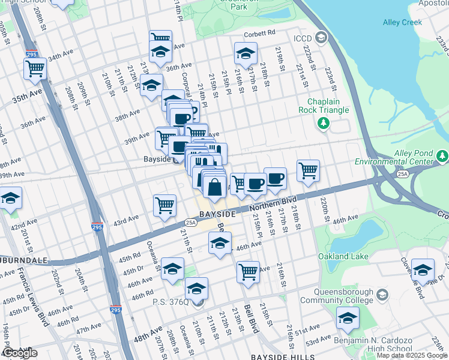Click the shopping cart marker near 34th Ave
click(35, 68)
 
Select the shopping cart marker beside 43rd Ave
click(164, 205)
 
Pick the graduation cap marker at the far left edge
click(10, 198)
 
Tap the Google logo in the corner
click(20, 353)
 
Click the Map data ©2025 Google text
click(412, 355)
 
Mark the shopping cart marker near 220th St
click(308, 170)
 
